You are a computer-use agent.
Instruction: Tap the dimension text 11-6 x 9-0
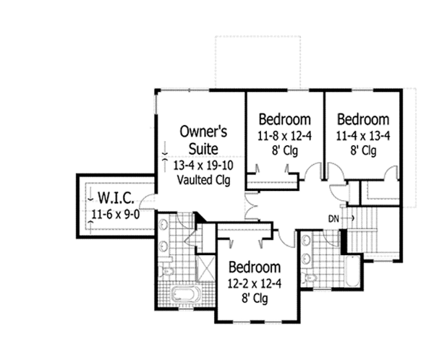tap(116, 213)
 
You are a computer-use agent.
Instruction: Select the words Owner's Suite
tap(204, 140)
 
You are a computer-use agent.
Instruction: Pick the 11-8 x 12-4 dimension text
tap(285, 135)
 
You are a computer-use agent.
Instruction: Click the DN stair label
tap(333, 218)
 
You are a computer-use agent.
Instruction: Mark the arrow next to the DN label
tap(348, 218)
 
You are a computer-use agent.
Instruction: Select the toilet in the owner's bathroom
tap(166, 272)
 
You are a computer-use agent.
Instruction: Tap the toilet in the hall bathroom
tap(310, 278)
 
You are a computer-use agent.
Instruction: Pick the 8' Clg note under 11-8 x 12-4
tap(285, 151)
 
